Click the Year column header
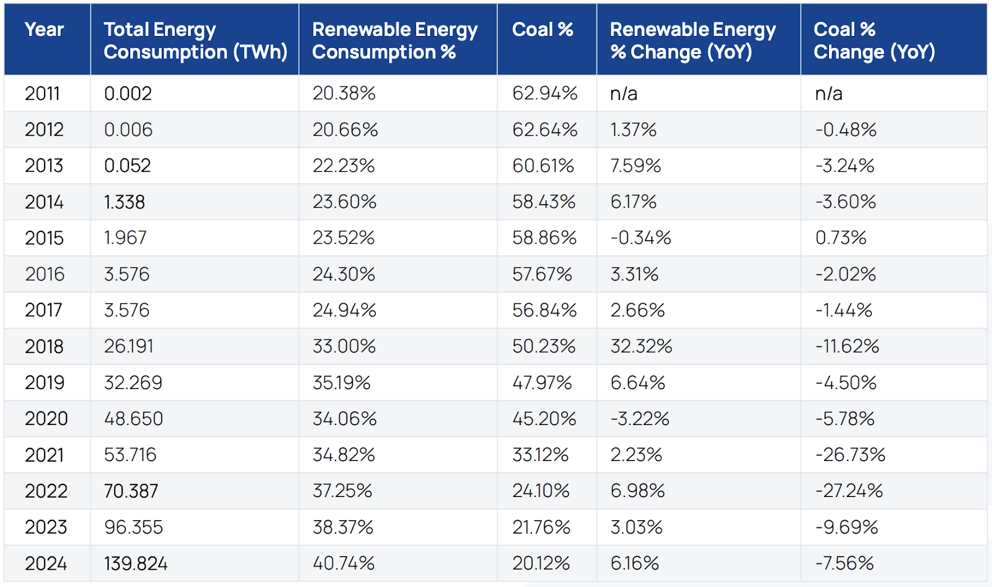44,30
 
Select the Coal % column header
542,30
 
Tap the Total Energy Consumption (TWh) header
195,40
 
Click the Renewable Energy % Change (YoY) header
693,40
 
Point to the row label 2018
44,346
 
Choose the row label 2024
46,563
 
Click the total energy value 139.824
136,563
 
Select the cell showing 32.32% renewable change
641,346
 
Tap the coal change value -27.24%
849,491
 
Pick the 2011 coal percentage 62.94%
544,93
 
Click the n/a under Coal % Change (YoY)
828,93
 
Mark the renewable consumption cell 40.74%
343,563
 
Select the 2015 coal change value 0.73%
841,238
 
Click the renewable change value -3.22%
640,419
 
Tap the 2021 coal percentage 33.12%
540,455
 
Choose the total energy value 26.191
128,346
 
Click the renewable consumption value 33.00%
344,346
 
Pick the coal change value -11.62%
847,346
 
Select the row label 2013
44,166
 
